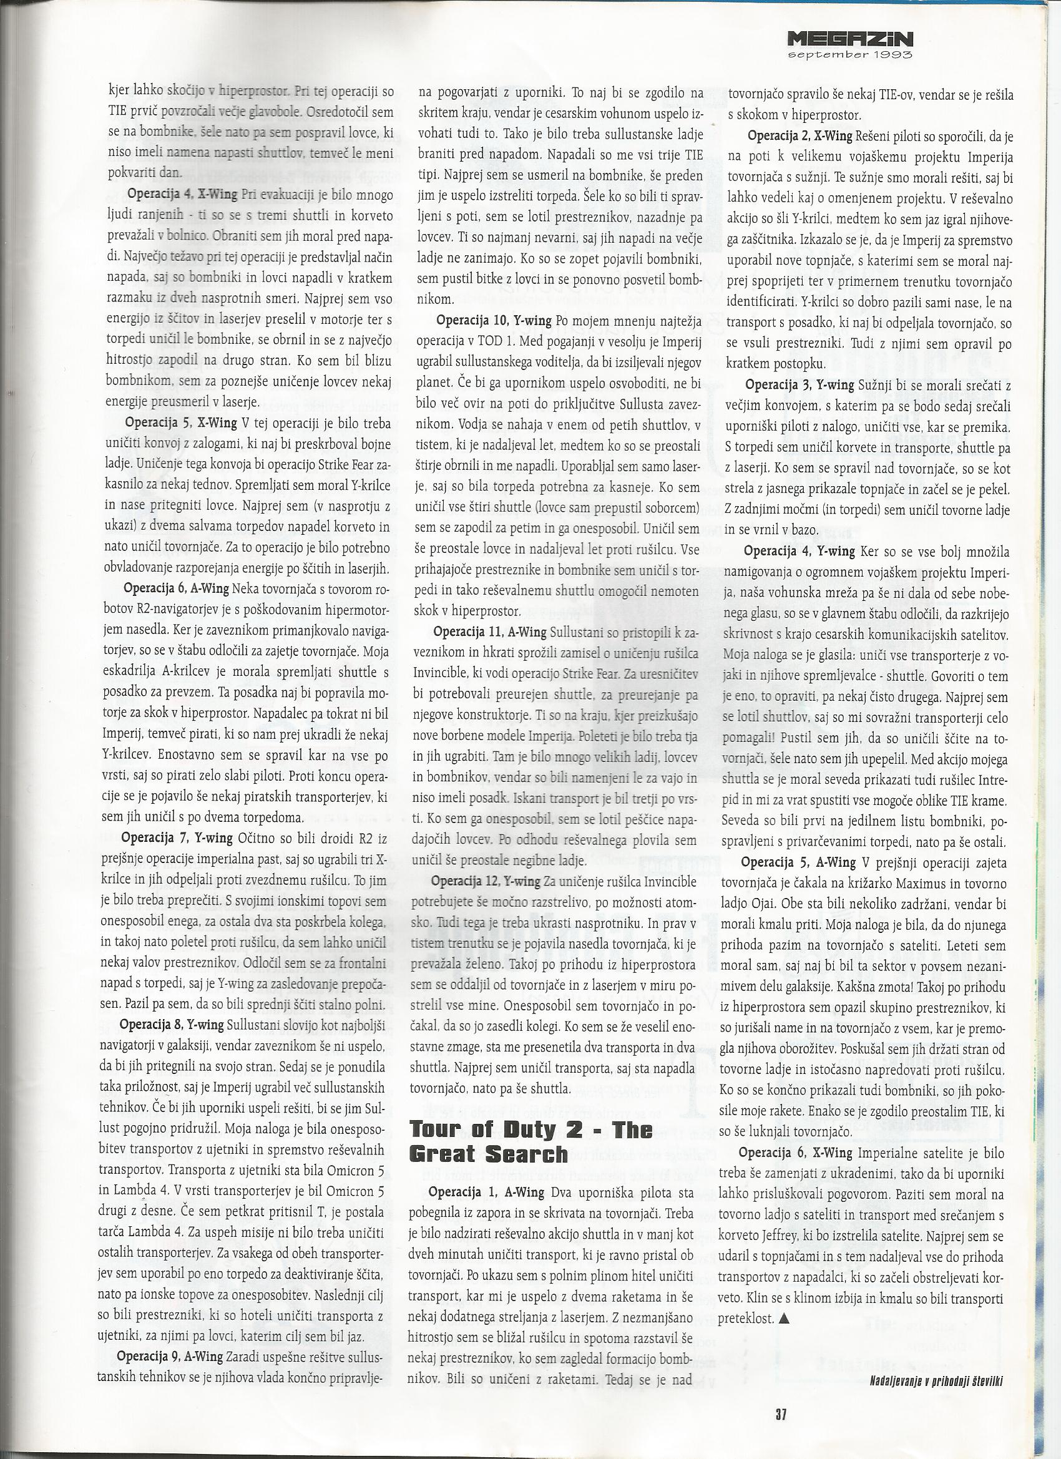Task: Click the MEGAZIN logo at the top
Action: point(851,40)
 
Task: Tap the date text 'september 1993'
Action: point(851,56)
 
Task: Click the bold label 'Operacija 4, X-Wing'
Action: point(182,193)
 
